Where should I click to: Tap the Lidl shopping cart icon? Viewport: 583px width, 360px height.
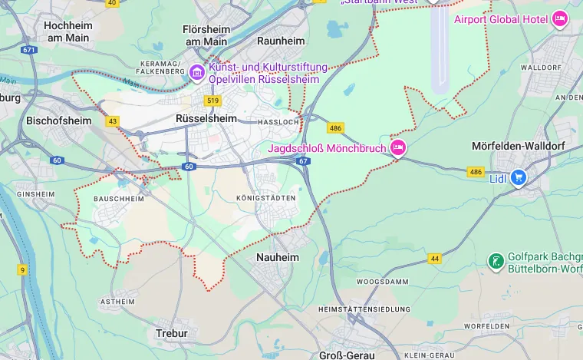(x=519, y=177)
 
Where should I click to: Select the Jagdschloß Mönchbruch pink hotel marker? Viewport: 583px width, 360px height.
(x=397, y=147)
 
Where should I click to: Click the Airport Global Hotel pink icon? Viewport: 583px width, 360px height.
(x=560, y=19)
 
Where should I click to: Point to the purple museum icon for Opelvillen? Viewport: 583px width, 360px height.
(x=197, y=73)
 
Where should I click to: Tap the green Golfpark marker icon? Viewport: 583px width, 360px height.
(x=496, y=262)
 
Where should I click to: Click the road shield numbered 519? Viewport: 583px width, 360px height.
(x=212, y=101)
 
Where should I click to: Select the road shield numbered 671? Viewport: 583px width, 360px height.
(x=29, y=50)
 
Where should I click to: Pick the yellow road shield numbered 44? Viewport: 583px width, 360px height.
(x=435, y=259)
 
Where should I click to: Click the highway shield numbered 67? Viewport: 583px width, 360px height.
(x=304, y=161)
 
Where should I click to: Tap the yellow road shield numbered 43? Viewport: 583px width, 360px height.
(x=113, y=121)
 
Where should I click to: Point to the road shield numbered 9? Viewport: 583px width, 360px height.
(x=22, y=269)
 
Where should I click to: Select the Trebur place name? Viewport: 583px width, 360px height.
(x=171, y=334)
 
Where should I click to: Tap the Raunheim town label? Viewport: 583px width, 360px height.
(x=281, y=41)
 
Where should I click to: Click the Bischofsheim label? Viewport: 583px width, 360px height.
(x=58, y=121)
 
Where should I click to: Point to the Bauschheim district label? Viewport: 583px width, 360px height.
(x=119, y=199)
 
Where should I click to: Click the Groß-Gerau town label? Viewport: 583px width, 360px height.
(x=346, y=355)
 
